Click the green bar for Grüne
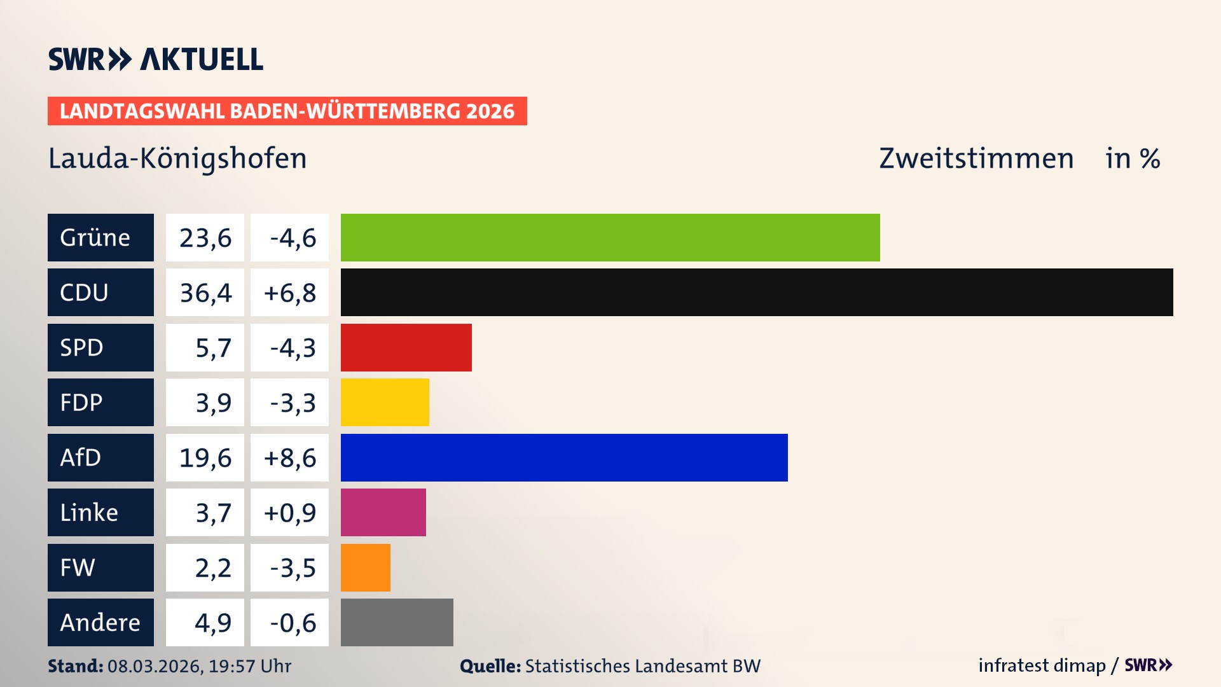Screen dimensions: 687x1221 [610, 237]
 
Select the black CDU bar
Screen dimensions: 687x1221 [757, 292]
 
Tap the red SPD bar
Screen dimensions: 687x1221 [406, 347]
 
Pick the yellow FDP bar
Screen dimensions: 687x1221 [385, 402]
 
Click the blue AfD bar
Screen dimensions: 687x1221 [564, 457]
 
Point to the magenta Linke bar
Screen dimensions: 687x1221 [383, 512]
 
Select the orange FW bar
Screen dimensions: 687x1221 [365, 567]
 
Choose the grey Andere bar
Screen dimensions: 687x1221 [397, 622]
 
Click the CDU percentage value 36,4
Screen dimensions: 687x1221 [205, 293]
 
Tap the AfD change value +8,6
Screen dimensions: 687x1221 [289, 458]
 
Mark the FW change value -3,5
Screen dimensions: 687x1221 [292, 568]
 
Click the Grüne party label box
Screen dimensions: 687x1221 [100, 237]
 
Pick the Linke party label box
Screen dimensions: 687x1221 [100, 512]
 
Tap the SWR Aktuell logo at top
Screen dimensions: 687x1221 [156, 59]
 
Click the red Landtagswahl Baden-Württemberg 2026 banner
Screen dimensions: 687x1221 [287, 111]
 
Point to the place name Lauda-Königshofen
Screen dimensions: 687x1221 [177, 158]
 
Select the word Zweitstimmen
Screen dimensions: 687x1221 [976, 158]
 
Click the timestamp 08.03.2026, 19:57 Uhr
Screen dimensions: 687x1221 [199, 666]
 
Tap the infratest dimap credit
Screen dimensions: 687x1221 [1042, 665]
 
